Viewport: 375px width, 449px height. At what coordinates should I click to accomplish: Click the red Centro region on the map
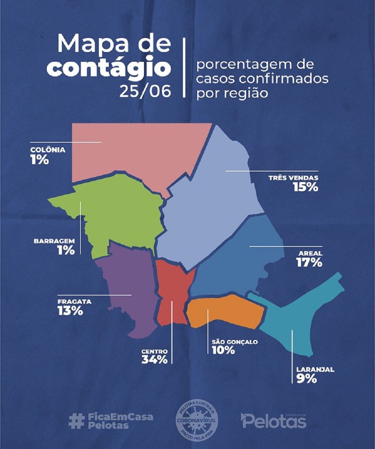(172, 293)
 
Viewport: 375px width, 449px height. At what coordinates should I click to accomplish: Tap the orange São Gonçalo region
(225, 311)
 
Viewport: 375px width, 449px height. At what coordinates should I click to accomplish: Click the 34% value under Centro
(155, 359)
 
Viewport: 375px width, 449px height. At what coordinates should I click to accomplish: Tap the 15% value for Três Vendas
(305, 187)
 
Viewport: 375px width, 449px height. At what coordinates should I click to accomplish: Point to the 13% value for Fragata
(70, 311)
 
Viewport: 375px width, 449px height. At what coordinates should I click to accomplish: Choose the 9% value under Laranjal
(307, 379)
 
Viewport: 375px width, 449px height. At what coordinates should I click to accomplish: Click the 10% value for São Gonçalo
(223, 350)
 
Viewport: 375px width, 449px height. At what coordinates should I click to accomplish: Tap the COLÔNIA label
(48, 150)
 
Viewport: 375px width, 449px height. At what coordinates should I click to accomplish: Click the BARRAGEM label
(54, 241)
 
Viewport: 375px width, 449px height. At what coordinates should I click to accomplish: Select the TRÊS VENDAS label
(293, 178)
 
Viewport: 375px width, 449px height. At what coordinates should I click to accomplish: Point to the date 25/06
(145, 91)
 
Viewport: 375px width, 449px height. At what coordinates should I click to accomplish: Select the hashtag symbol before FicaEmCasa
(76, 421)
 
